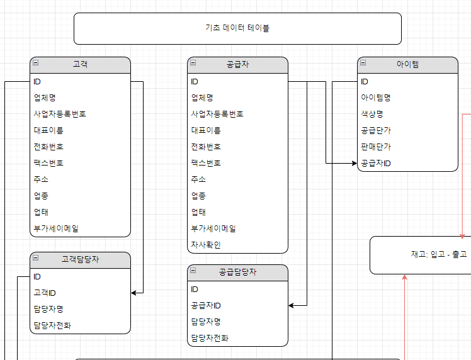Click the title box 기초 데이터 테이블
237,28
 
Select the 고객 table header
80,65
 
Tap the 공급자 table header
237,65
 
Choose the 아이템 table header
407,65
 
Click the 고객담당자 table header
80,259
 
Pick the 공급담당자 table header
237,273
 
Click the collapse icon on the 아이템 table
363,63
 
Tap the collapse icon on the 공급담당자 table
193,271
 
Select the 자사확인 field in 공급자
206,245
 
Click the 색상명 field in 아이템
372,114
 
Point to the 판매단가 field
376,147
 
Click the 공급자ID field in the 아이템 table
376,163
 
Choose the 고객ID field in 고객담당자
45,293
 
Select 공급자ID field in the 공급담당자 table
206,305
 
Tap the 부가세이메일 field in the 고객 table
56,228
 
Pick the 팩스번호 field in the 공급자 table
206,163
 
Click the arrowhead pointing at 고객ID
134,293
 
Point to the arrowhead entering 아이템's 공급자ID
353,163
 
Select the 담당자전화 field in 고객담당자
52,325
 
